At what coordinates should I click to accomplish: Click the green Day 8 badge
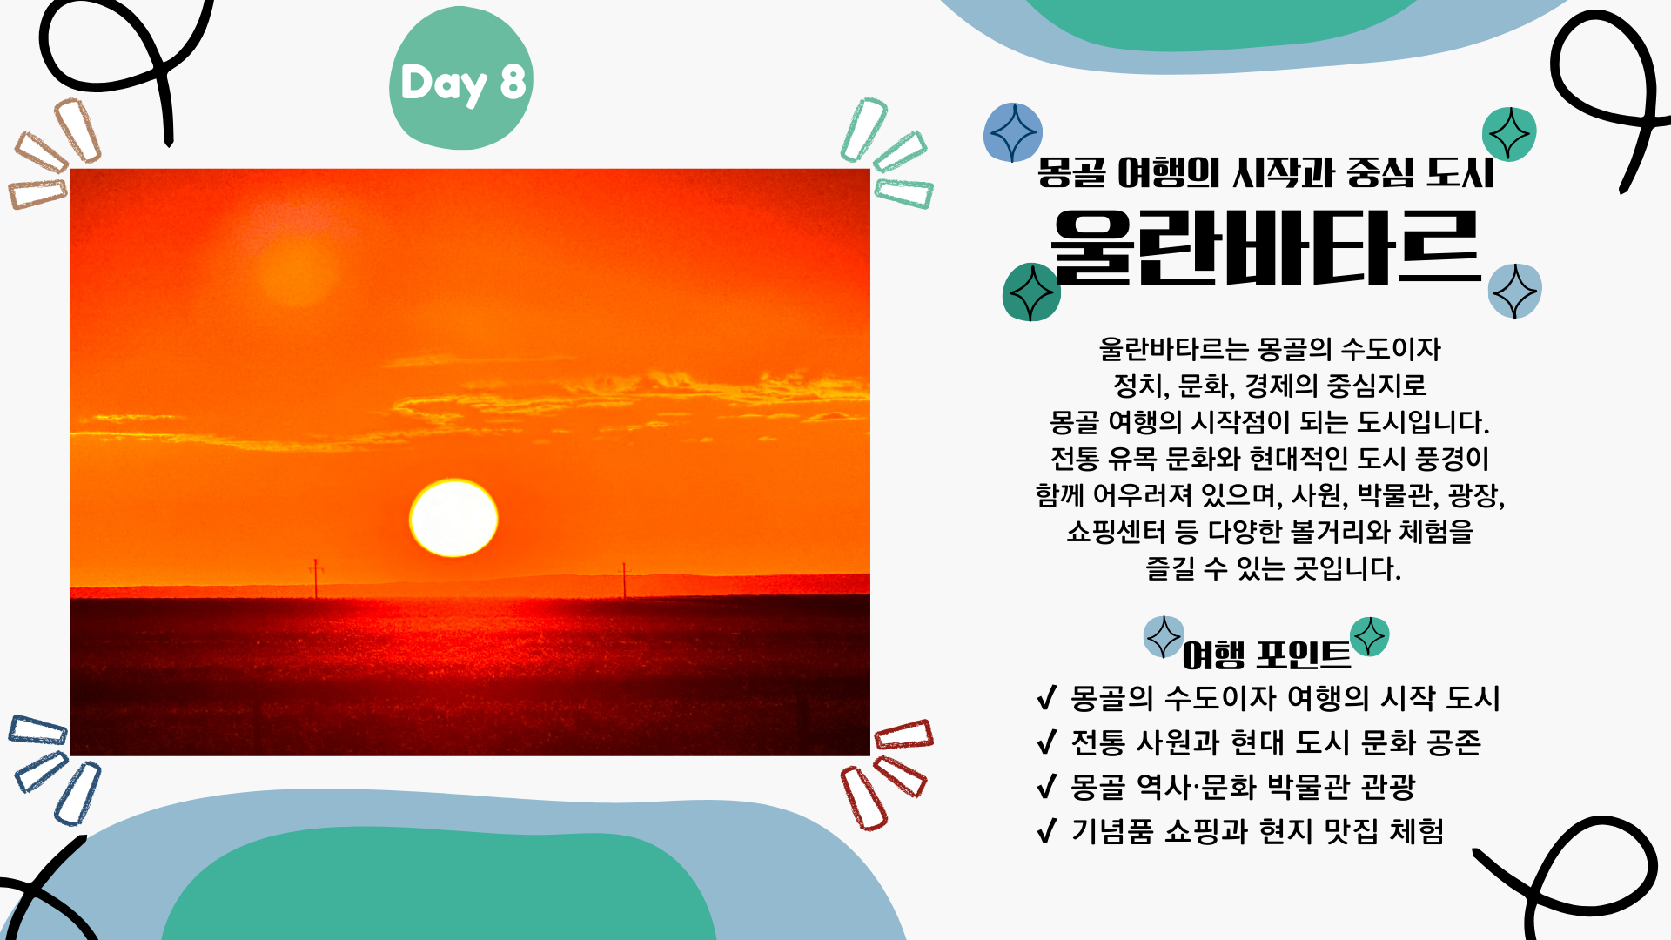point(461,78)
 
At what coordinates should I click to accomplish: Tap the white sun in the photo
point(453,518)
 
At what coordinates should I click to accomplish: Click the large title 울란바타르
point(1266,248)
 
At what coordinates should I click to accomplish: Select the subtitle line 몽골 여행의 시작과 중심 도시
point(1266,172)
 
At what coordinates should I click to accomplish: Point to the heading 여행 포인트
point(1266,655)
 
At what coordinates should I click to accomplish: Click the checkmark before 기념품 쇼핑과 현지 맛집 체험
point(1047,830)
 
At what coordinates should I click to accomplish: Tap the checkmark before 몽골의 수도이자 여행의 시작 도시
point(1047,697)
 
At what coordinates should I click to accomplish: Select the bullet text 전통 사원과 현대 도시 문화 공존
point(1276,742)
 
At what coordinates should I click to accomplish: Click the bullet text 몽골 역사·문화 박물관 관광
point(1244,787)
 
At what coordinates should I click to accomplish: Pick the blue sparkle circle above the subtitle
point(1013,132)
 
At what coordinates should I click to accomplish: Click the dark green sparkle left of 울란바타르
point(1031,292)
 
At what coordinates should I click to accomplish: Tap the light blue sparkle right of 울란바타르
point(1515,291)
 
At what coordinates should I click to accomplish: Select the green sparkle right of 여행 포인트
point(1370,636)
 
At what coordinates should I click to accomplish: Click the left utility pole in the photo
point(316,578)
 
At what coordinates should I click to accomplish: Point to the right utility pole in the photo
point(623,581)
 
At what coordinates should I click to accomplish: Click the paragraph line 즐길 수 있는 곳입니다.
point(1273,568)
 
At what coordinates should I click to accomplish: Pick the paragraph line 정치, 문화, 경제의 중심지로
point(1270,386)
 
